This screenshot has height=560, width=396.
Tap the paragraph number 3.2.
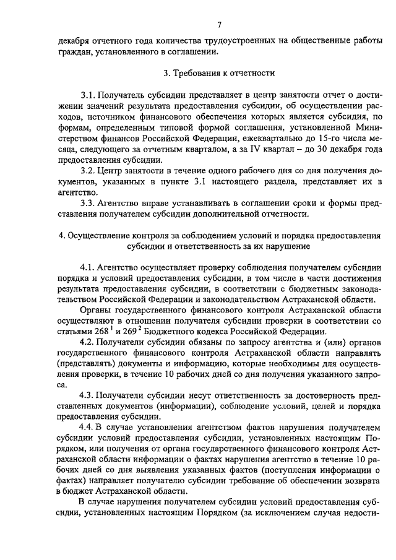pos(89,170)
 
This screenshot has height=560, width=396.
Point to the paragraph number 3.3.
pos(89,202)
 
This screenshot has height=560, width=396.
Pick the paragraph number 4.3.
pos(89,395)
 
